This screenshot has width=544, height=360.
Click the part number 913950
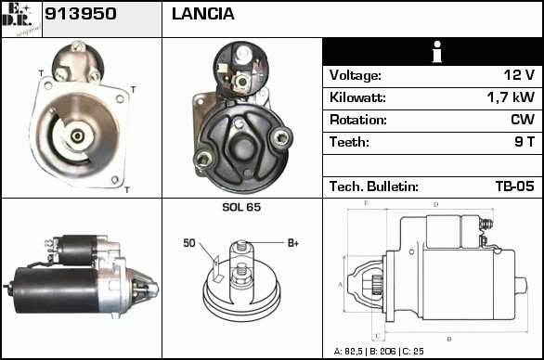pyautogui.click(x=81, y=14)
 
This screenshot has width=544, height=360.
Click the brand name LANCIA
pyautogui.click(x=203, y=14)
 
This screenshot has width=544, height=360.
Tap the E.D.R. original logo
pyautogui.click(x=21, y=19)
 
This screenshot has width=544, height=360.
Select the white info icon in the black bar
pyautogui.click(x=437, y=52)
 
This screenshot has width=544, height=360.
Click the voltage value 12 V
pyautogui.click(x=519, y=74)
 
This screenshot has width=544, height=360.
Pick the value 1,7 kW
pyautogui.click(x=511, y=97)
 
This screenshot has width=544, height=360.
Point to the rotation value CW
pyautogui.click(x=523, y=120)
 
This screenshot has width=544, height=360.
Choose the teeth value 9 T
pyautogui.click(x=525, y=142)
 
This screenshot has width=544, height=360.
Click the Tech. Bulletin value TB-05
pyautogui.click(x=515, y=186)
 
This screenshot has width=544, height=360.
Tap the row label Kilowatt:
pyautogui.click(x=357, y=97)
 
